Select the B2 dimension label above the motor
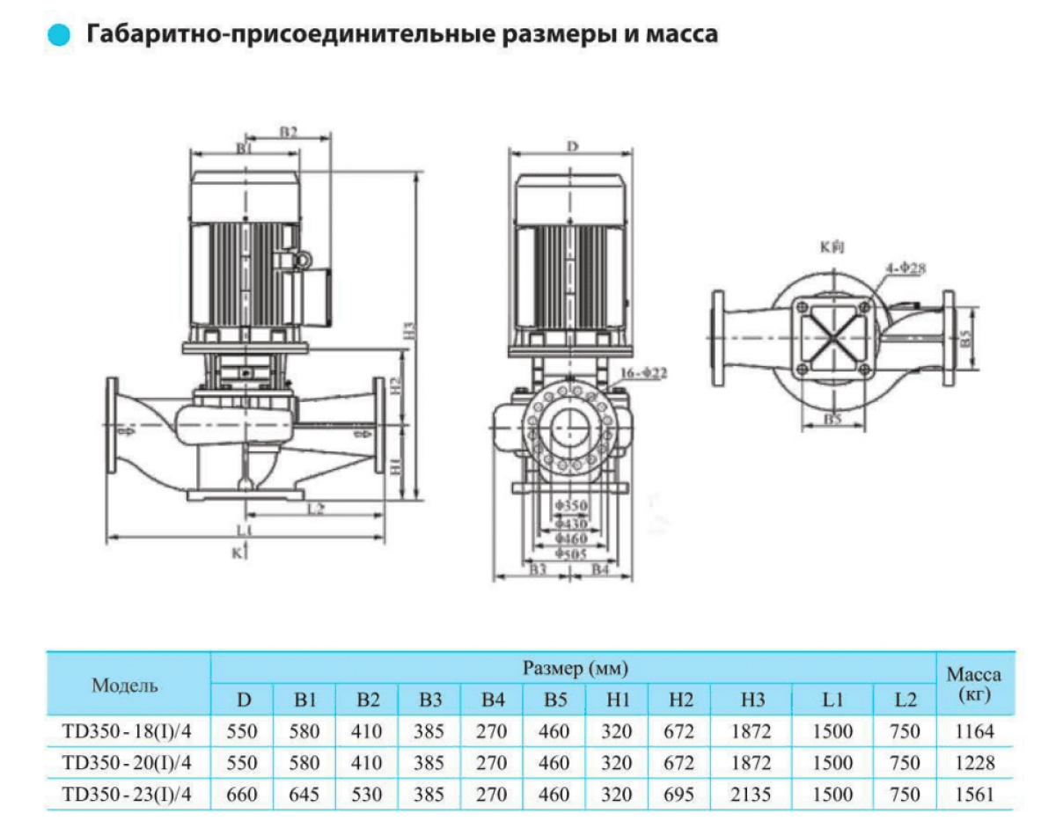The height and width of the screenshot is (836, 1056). tap(289, 132)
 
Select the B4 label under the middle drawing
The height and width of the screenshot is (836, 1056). tap(600, 570)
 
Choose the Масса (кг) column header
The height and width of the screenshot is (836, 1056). tap(973, 685)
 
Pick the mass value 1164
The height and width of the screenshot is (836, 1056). tap(973, 731)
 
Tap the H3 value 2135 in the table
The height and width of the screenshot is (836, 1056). tap(751, 795)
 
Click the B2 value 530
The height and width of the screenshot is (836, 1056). tap(368, 795)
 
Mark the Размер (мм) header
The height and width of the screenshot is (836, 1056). tap(575, 669)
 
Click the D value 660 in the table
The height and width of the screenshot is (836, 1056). tap(243, 795)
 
